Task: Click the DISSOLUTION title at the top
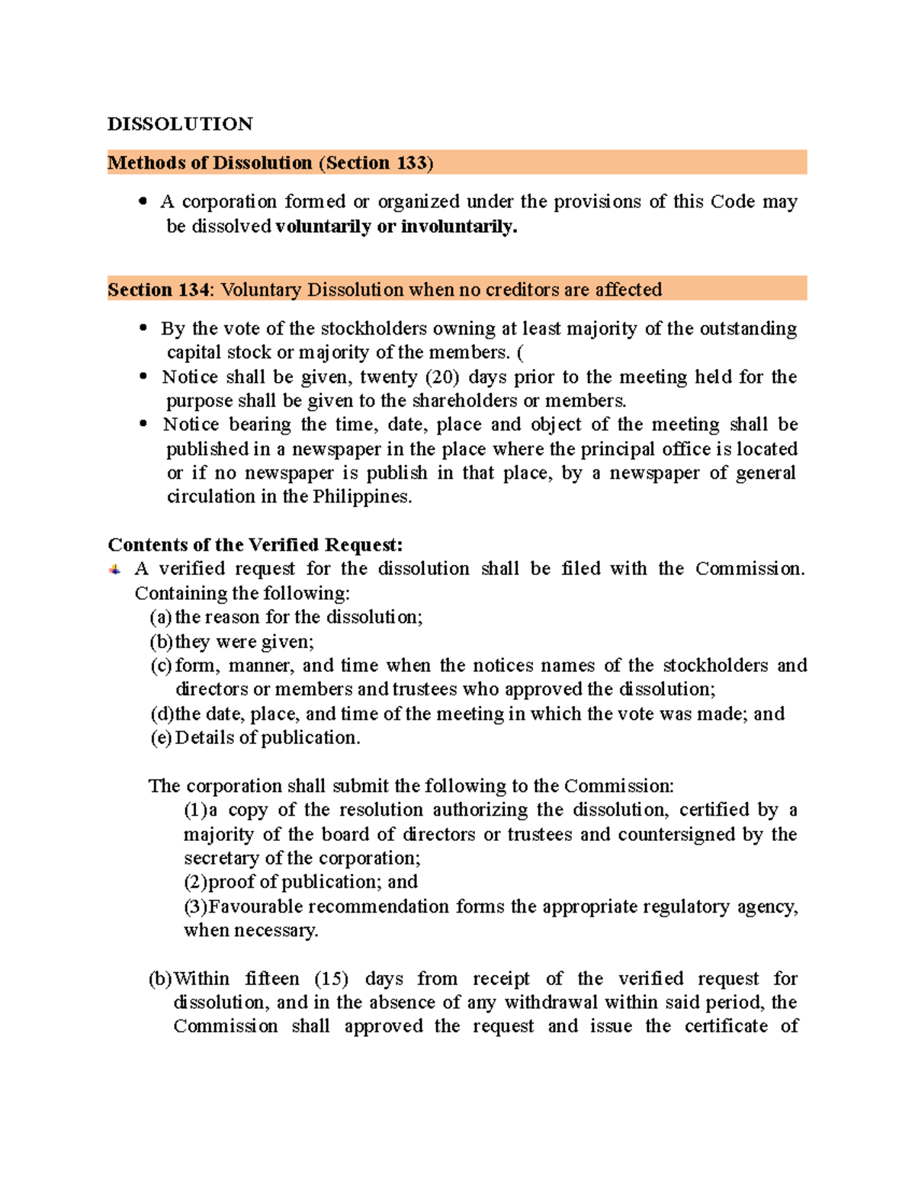(180, 124)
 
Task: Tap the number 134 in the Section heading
(194, 290)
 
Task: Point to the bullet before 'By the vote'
(143, 329)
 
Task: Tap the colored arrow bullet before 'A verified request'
(115, 570)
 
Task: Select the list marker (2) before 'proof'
(195, 881)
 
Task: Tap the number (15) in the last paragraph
(331, 978)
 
